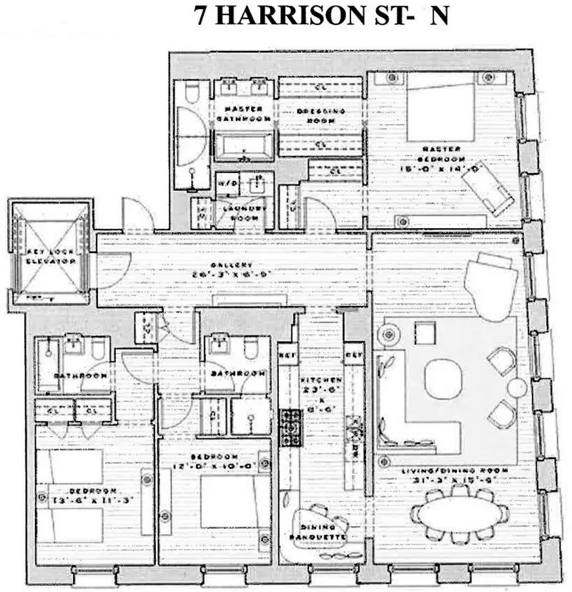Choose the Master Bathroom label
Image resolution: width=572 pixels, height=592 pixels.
[244, 114]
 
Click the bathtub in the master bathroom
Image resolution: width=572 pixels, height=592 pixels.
[243, 149]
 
